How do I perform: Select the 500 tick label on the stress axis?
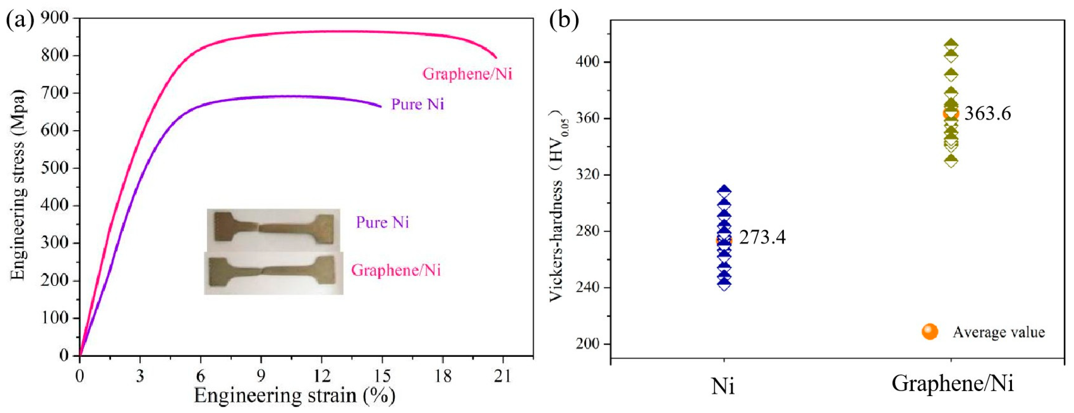click(55, 168)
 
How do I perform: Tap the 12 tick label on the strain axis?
click(322, 377)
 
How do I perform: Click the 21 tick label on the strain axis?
click(503, 377)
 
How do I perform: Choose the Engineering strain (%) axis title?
click(294, 395)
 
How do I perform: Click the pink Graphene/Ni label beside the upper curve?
click(467, 74)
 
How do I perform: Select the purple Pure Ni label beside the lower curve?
click(418, 104)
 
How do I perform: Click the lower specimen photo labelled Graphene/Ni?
click(273, 272)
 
